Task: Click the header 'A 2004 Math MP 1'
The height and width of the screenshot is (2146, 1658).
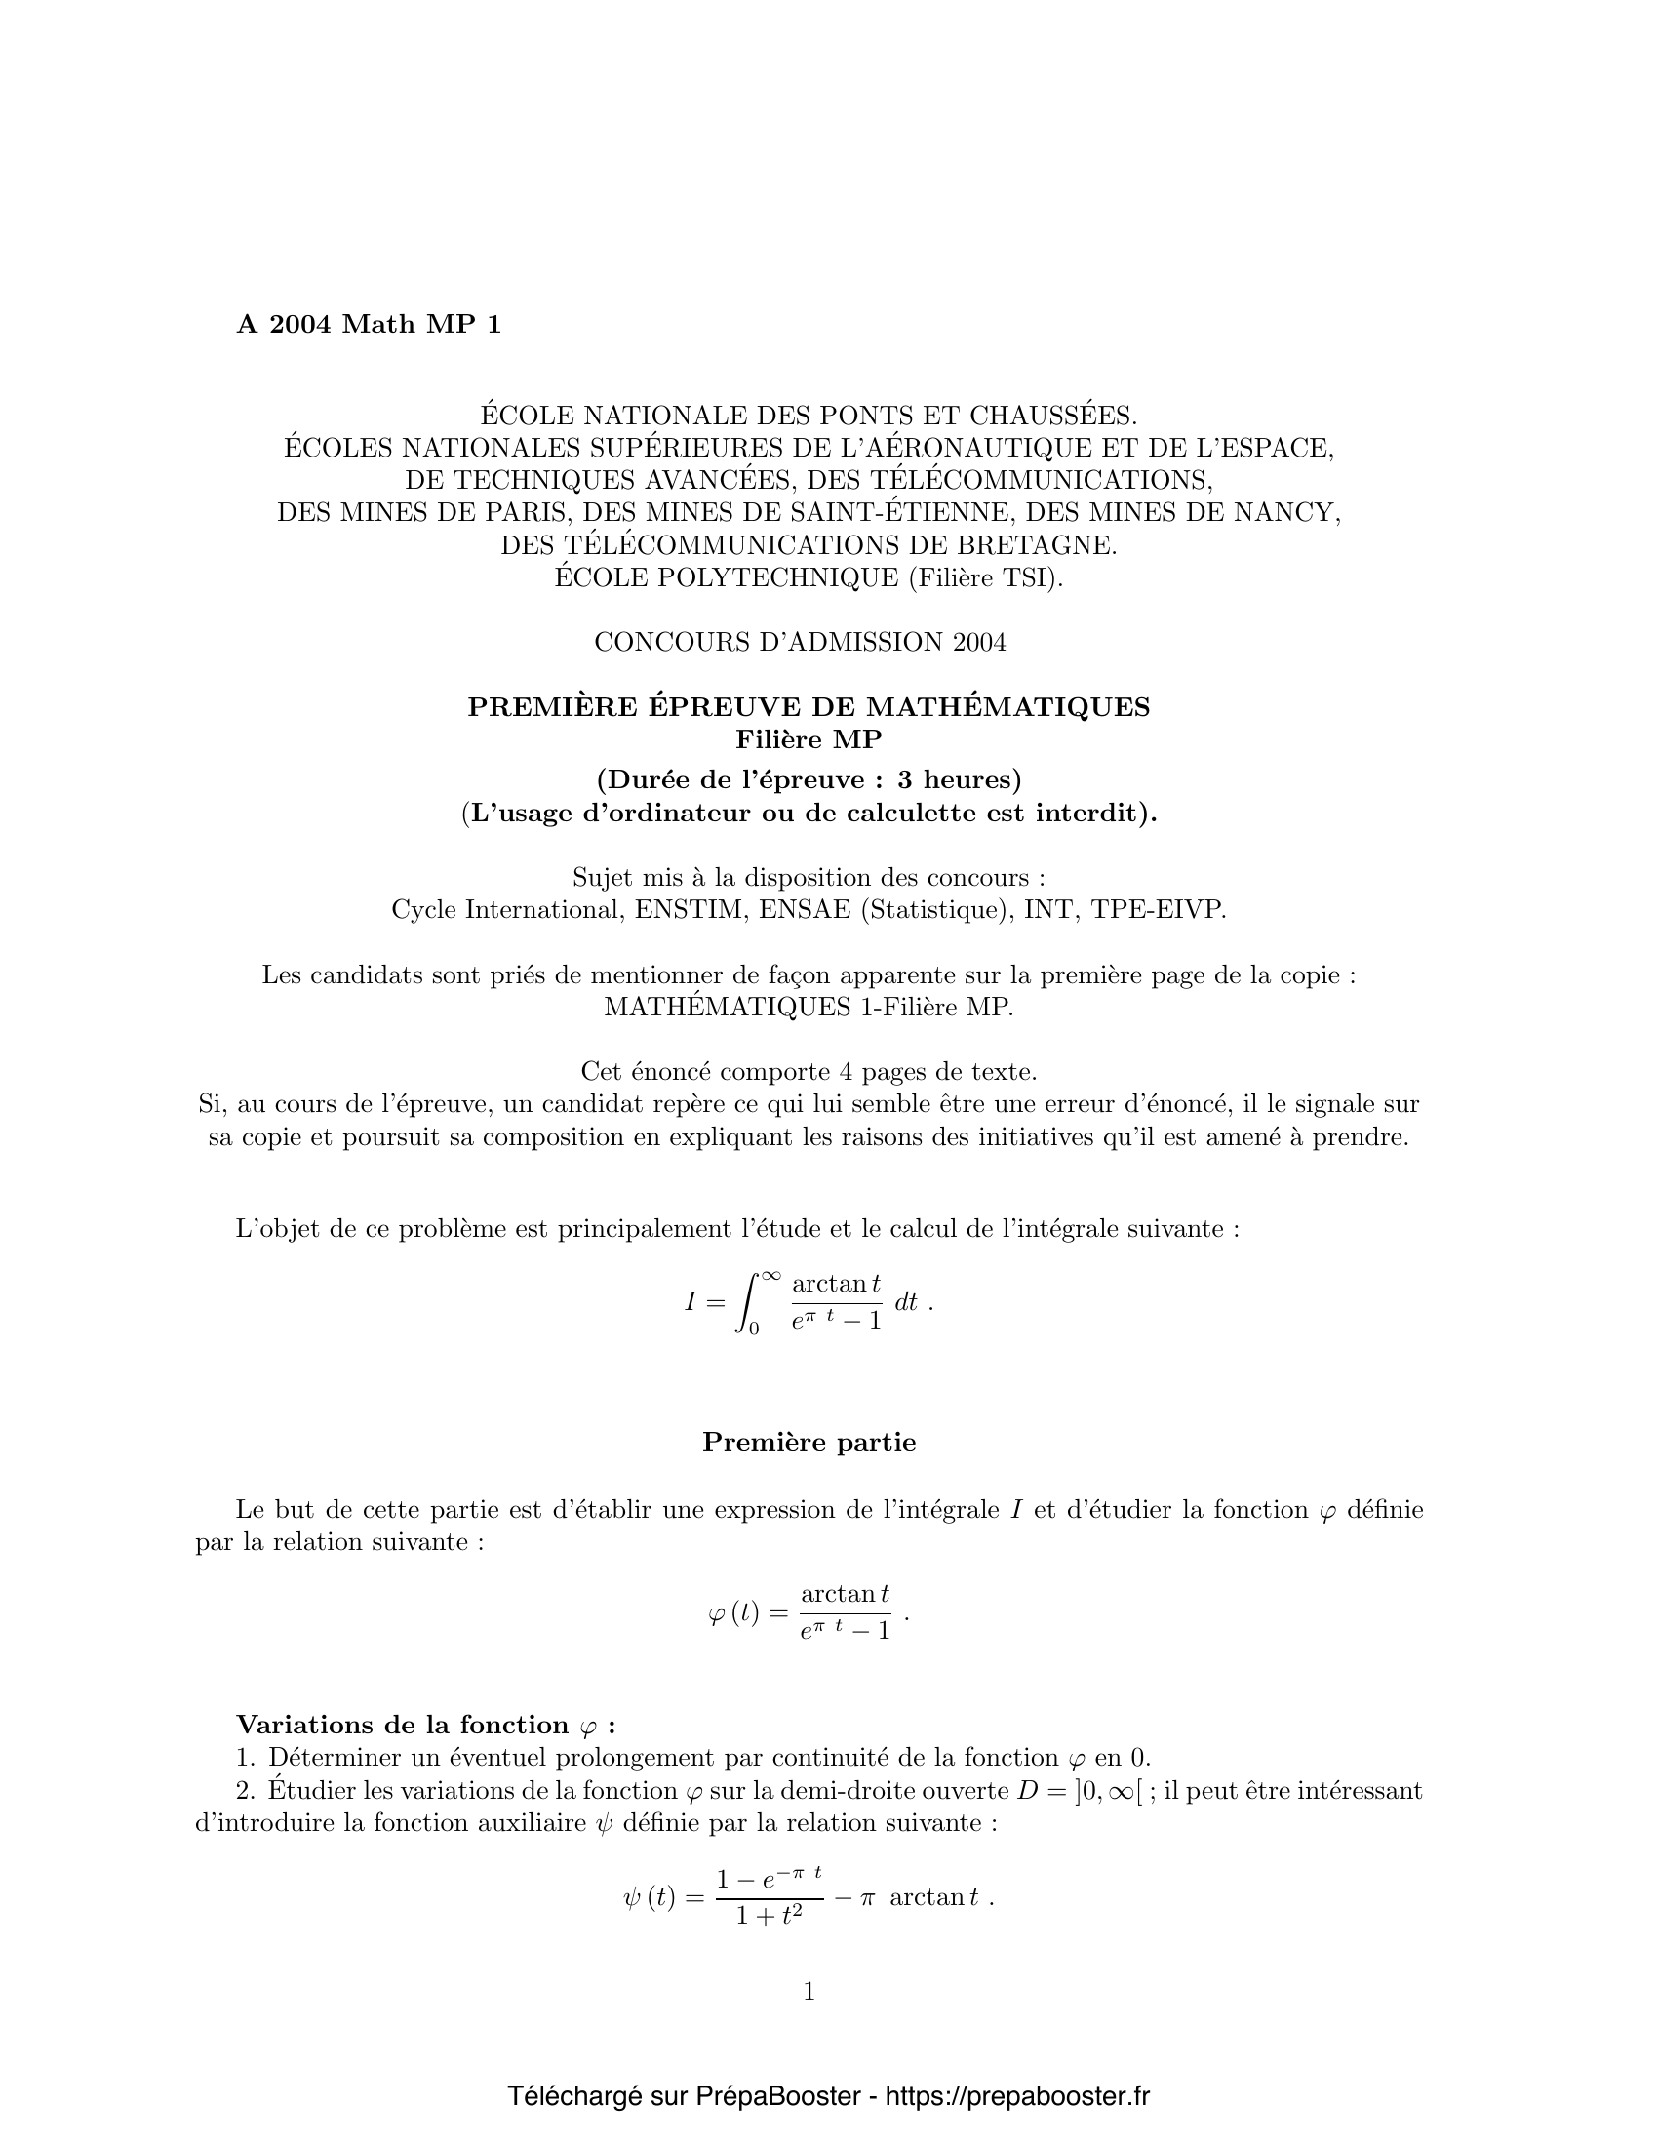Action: (369, 325)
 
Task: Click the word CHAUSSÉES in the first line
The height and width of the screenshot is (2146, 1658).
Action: (1054, 416)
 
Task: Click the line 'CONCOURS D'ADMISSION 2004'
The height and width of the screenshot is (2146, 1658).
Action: (800, 643)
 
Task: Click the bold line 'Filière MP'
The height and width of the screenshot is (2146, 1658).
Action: (809, 739)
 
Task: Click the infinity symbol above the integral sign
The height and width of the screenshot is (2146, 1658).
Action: (770, 1276)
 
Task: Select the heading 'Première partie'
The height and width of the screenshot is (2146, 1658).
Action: (809, 1443)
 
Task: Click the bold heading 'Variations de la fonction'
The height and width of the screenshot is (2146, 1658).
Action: (403, 1726)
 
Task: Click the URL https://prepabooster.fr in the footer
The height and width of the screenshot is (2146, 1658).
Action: (1016, 2097)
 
